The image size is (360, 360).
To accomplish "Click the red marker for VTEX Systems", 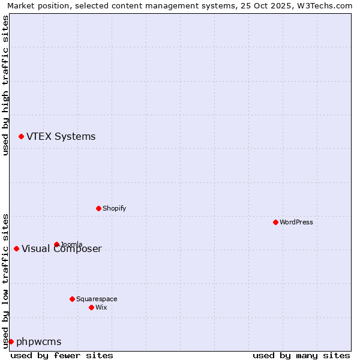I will [21, 137].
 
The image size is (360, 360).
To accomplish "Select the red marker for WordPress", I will [275, 222].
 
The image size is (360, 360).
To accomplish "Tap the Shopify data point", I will [98, 208].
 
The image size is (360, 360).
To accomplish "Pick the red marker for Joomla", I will [56, 244].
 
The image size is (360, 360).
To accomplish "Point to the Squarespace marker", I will [72, 299].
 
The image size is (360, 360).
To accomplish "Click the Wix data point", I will [91, 307].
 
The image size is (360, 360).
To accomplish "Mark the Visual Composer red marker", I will [16, 248].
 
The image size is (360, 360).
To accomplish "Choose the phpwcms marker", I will [11, 341].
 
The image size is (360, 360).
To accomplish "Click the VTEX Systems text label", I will [61, 137].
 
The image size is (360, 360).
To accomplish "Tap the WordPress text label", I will [296, 222].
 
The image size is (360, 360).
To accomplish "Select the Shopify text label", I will [114, 208].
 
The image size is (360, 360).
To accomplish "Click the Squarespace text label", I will [97, 299].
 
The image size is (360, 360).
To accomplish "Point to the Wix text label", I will [101, 307].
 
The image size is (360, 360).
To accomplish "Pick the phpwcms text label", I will [38, 342].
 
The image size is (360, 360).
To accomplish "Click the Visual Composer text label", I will [62, 249].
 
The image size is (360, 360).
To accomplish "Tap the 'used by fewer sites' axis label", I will [62, 355].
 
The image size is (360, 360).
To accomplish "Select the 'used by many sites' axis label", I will [301, 355].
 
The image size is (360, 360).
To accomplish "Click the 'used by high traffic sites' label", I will [6, 85].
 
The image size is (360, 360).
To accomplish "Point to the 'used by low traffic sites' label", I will [6, 280].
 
